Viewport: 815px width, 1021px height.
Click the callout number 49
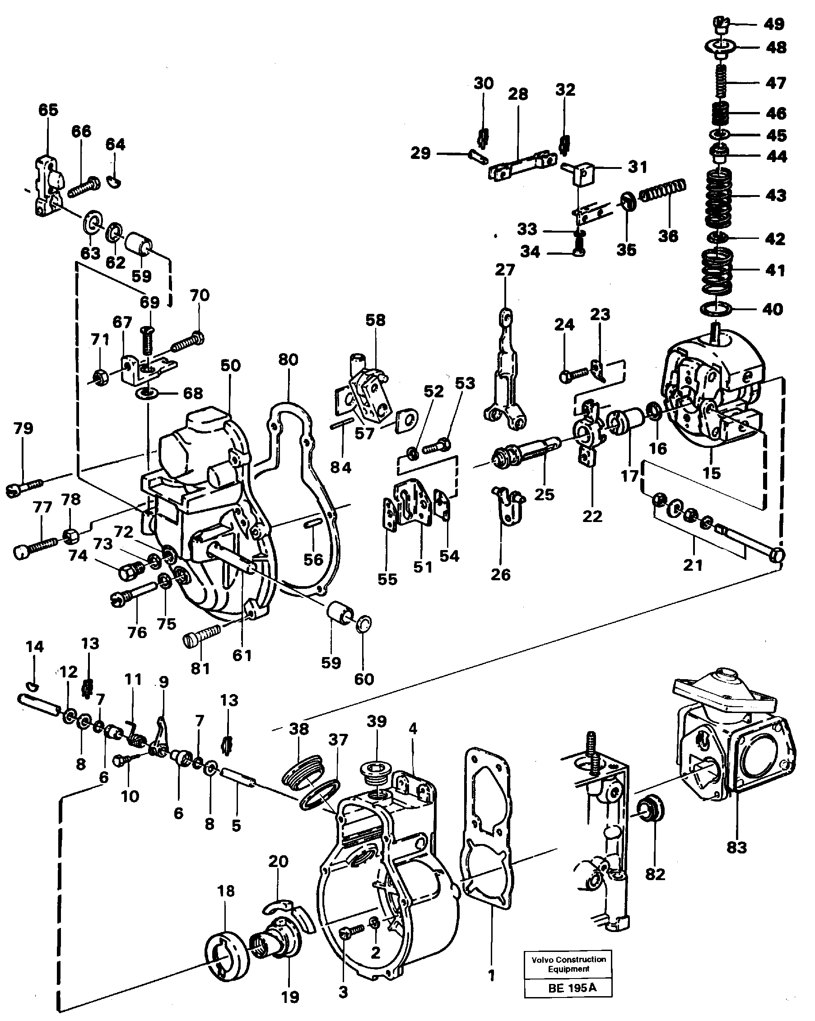(774, 23)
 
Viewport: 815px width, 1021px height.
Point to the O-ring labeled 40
(716, 309)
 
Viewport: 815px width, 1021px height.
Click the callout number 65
(48, 110)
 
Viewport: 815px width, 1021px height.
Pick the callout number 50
(231, 365)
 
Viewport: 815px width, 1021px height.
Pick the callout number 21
(693, 564)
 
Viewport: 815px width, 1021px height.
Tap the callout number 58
(376, 320)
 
